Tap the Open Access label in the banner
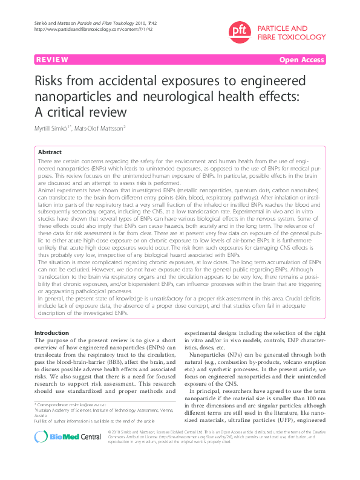click(x=301, y=60)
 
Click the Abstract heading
click(x=50, y=152)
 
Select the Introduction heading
click(x=53, y=333)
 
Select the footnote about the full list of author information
click(x=94, y=421)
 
